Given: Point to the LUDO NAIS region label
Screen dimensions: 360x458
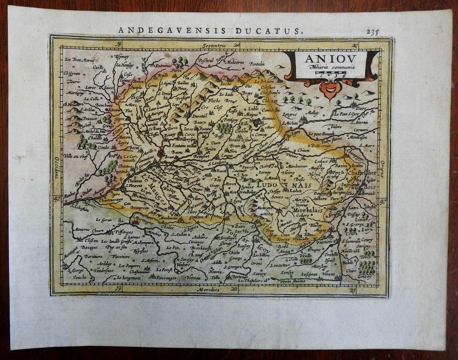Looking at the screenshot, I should pyautogui.click(x=279, y=185).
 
